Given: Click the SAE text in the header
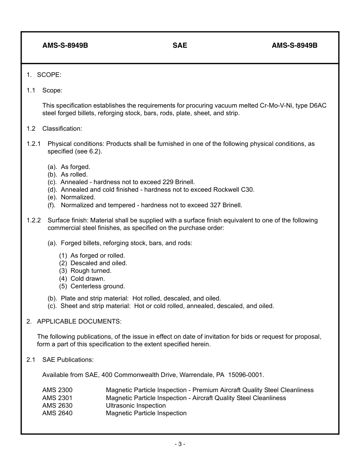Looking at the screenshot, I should (180, 45).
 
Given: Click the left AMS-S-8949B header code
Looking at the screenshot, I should (65, 45).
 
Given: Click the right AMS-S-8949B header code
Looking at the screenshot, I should (294, 45).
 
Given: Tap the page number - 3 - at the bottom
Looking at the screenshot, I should (180, 444).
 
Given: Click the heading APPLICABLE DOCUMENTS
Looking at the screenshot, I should (79, 321).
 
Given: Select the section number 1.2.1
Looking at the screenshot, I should (34, 144).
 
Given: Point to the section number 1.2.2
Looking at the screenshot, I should (34, 220).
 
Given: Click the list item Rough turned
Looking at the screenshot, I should (91, 271).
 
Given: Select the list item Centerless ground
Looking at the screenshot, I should (97, 286).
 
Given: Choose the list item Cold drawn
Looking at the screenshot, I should (88, 279).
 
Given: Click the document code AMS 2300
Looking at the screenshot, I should (57, 390).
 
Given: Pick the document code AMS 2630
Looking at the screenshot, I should (57, 406).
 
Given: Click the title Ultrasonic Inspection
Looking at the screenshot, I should (136, 406).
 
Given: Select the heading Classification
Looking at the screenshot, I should (62, 129).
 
